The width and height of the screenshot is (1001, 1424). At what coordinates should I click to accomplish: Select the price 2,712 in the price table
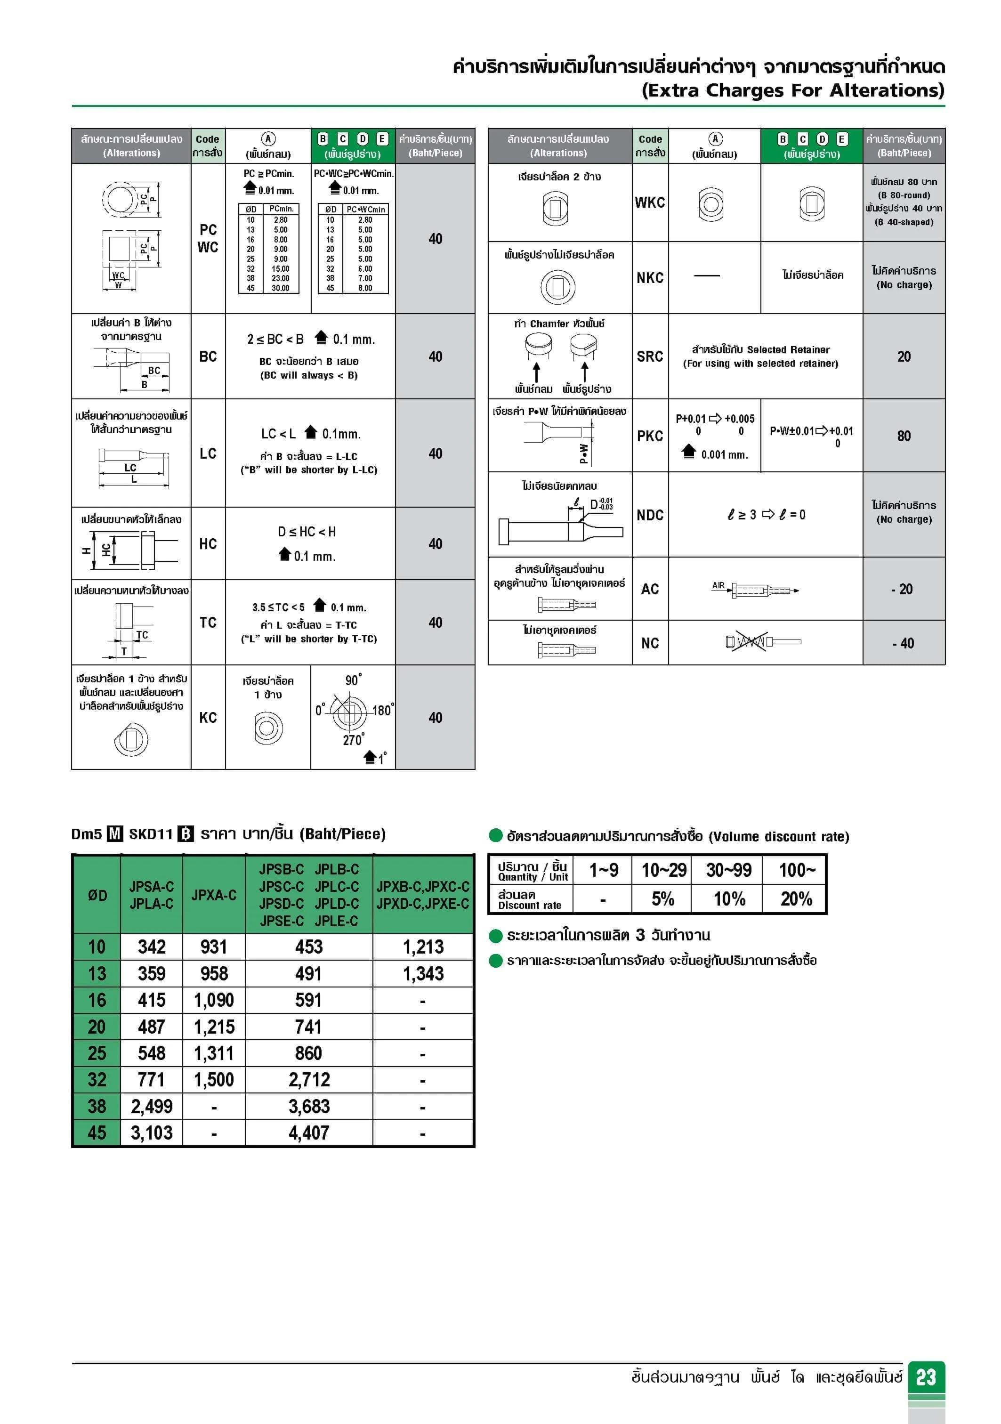309,1080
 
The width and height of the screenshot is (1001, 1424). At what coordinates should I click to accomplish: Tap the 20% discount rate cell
796,898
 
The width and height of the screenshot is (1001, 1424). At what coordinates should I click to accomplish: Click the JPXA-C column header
214,895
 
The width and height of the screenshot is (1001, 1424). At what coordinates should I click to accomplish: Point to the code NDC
650,515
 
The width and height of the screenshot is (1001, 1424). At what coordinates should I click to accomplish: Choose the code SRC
650,356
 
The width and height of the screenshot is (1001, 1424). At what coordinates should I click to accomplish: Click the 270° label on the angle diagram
354,740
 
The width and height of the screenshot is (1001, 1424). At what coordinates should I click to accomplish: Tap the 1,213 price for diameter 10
423,947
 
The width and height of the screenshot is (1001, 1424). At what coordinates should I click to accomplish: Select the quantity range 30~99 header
729,870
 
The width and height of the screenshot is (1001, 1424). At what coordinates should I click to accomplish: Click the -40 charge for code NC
904,643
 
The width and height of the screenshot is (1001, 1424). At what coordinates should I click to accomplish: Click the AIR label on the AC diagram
718,585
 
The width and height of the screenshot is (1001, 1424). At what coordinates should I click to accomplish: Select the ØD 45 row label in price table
97,1133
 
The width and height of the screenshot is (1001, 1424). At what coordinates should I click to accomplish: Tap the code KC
208,718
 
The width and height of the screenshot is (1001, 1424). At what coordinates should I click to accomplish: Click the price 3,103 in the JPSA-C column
151,1133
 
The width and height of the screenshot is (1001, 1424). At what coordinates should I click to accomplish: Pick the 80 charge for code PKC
904,436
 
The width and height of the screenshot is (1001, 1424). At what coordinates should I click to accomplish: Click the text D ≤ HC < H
307,532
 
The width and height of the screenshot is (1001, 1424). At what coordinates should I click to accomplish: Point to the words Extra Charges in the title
733,90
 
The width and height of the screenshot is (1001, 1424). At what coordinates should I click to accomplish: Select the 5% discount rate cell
662,898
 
